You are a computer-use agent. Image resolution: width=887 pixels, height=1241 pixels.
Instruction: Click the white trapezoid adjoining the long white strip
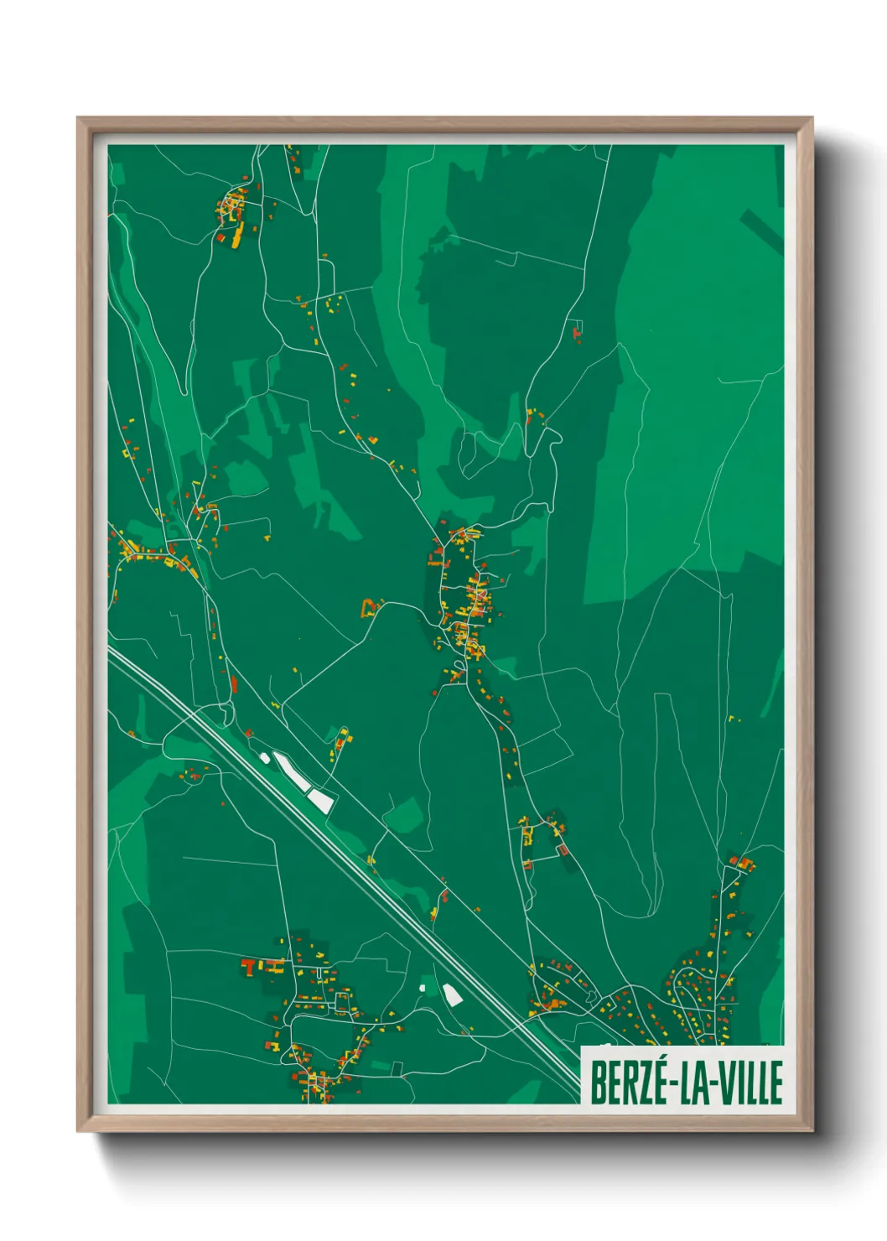point(321,800)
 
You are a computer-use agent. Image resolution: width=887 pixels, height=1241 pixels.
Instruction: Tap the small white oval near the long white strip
point(265,758)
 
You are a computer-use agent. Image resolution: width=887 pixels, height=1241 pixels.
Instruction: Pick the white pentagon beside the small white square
point(452,995)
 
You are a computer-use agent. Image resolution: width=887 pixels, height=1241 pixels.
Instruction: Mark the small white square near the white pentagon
point(423,989)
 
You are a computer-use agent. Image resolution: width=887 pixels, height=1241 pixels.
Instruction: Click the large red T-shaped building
point(250,967)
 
